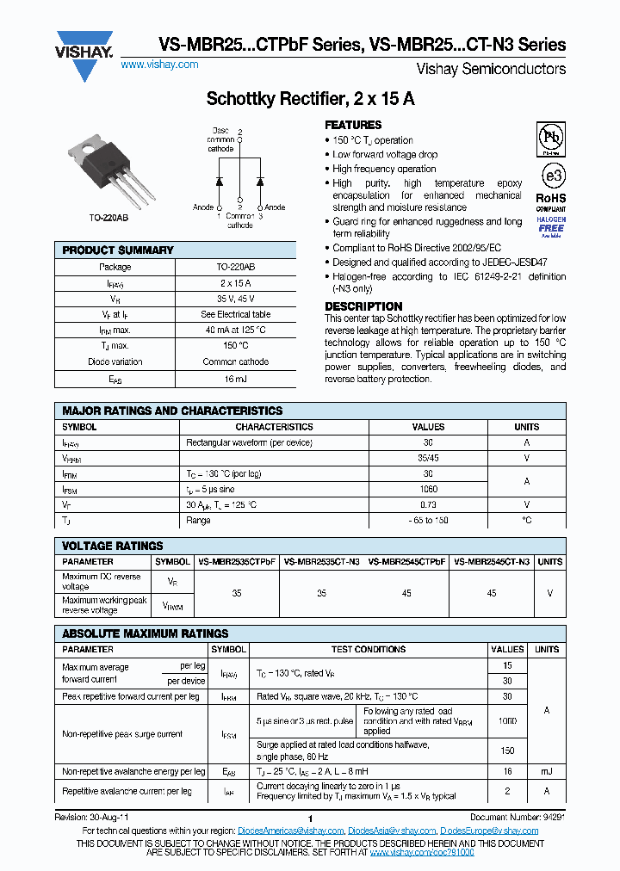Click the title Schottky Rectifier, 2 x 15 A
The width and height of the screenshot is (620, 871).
(310, 99)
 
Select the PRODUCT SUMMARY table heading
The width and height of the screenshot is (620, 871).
(118, 250)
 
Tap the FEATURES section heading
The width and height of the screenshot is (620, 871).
(353, 125)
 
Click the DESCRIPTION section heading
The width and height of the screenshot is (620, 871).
(363, 306)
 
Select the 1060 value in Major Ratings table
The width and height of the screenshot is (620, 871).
(428, 489)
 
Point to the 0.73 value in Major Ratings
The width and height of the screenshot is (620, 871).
(428, 504)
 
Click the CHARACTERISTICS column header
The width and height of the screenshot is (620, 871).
(274, 427)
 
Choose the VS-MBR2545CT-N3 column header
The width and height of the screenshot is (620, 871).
(491, 561)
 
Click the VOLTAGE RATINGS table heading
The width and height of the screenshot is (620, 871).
(113, 546)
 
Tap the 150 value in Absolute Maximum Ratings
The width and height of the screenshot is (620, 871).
(507, 751)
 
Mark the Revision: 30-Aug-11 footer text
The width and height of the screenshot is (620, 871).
(92, 818)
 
